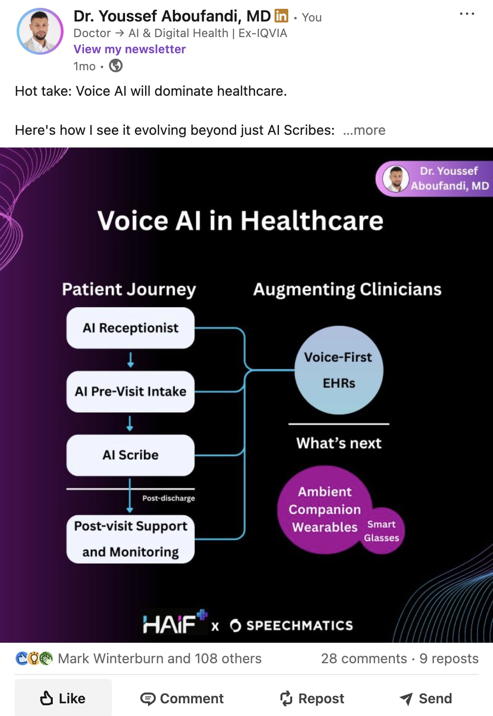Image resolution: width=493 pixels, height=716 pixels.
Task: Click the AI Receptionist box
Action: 130,328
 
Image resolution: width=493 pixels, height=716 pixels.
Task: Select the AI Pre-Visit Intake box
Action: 130,391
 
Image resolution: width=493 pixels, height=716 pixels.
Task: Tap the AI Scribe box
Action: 130,455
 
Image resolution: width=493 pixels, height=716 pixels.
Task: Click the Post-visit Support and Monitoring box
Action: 130,539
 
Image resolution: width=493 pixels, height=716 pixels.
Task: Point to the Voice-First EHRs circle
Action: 339,370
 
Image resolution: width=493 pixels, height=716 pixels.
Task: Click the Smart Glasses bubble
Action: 382,531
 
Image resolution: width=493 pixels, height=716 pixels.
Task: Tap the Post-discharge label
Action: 169,498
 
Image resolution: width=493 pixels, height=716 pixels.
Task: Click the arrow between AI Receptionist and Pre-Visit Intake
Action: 130,360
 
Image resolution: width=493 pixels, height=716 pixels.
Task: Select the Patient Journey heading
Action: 129,289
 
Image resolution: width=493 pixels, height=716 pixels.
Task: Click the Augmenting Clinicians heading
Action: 347,289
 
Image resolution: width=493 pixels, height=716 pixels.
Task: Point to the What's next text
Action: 339,443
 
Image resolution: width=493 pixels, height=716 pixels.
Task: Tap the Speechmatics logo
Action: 291,626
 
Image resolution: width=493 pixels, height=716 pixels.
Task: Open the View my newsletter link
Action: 129,49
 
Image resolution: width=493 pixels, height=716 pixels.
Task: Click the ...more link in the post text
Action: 364,130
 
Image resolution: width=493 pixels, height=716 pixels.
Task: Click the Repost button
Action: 312,698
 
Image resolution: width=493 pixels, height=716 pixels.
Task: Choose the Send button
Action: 426,698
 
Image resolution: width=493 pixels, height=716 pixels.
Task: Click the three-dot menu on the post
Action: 467,14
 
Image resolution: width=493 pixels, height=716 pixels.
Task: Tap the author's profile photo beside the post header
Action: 40,31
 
